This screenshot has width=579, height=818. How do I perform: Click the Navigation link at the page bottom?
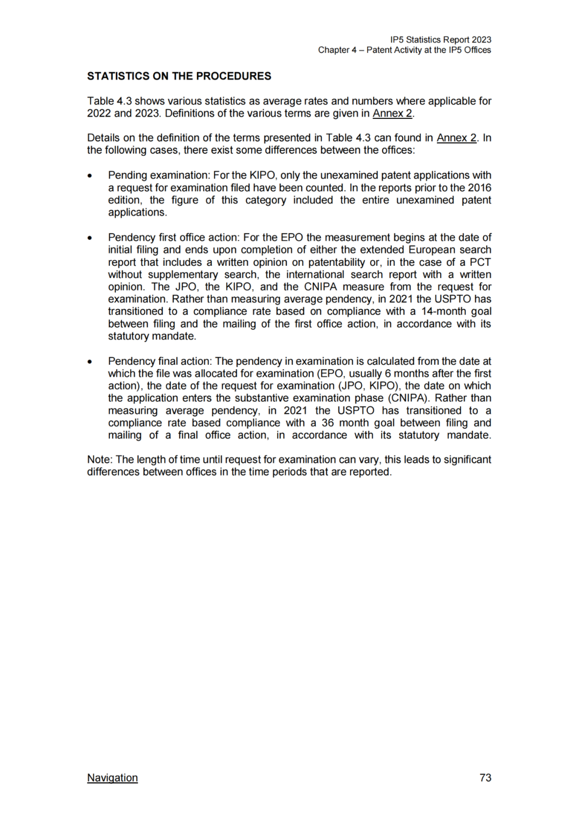point(112,778)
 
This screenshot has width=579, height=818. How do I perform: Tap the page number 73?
point(485,778)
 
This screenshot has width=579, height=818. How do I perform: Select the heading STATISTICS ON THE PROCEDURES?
point(179,76)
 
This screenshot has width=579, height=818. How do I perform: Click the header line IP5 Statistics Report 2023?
point(440,40)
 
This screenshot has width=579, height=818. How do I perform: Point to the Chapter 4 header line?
point(404,50)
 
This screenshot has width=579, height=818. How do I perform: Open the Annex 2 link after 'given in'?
point(392,114)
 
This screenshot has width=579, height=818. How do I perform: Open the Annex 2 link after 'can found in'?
point(456,138)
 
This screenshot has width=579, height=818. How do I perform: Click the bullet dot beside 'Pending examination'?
point(90,176)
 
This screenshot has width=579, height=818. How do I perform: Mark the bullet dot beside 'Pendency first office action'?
point(90,238)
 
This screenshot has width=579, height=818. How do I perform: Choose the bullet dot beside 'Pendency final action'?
point(90,362)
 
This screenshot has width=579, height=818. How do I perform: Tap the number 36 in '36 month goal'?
point(328,423)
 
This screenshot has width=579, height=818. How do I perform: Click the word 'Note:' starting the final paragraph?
point(100,460)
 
